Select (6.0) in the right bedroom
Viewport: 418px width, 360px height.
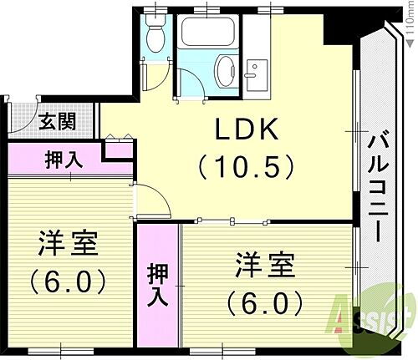263,300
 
